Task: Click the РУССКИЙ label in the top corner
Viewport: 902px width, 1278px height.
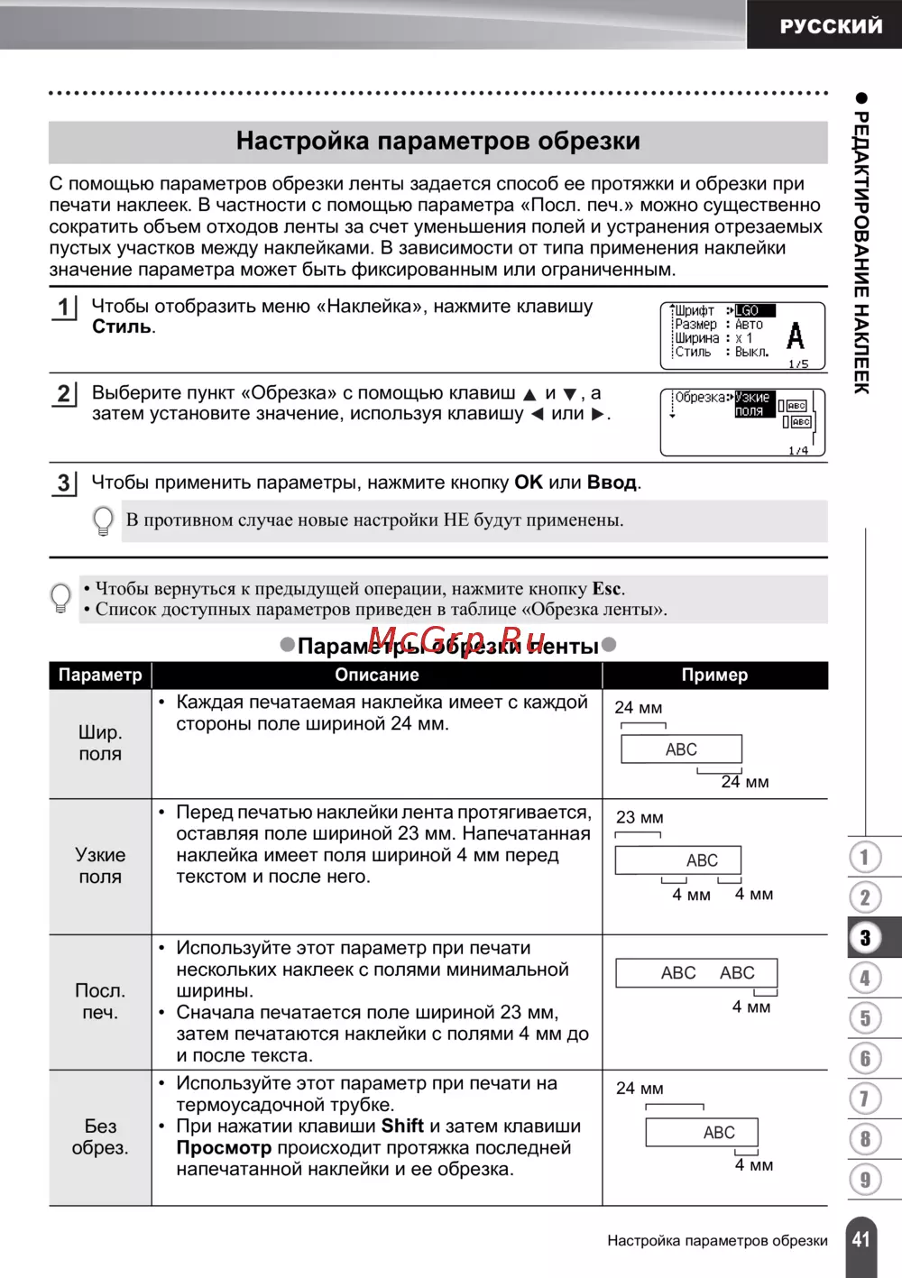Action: coord(831,26)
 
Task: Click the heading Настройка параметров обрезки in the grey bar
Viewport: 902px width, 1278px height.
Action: coord(438,142)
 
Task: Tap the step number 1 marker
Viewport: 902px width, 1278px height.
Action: coord(63,308)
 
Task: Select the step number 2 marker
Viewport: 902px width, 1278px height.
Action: coord(63,394)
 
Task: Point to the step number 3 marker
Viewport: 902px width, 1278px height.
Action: coord(63,483)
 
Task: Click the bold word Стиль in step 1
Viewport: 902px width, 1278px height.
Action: coord(122,327)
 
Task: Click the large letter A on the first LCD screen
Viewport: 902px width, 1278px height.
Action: coord(795,336)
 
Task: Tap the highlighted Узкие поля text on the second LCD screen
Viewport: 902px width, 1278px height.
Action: coord(752,404)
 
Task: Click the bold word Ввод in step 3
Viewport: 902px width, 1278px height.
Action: coord(612,483)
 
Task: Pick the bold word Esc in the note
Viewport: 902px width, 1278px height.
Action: coord(606,589)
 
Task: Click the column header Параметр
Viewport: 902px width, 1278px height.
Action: coord(100,675)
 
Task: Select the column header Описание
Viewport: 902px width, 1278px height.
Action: coord(377,675)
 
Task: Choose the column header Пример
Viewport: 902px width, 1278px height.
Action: coord(714,675)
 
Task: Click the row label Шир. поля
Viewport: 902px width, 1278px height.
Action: coord(100,743)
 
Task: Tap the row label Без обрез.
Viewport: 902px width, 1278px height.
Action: coord(100,1136)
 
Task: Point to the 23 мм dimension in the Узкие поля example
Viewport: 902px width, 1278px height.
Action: coord(640,818)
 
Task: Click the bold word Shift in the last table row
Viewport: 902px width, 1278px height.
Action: coord(402,1126)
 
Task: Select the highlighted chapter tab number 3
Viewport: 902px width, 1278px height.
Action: coord(865,938)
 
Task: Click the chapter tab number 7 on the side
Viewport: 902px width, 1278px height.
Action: coord(865,1099)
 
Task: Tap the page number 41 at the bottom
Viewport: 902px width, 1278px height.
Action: coord(861,1239)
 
